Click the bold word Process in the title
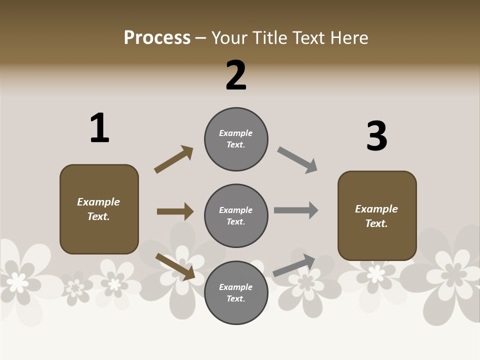[x=157, y=37]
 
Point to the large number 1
[x=99, y=128]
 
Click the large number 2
[x=236, y=75]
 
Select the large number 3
[x=376, y=136]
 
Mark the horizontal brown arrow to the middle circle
[x=175, y=211]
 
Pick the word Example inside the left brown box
[x=98, y=202]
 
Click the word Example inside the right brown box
[x=376, y=209]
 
